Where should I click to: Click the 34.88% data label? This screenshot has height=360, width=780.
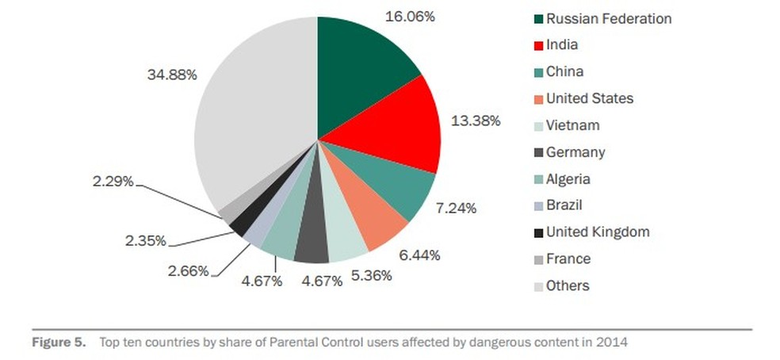pyautogui.click(x=172, y=75)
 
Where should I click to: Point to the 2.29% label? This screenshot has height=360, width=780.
pyautogui.click(x=112, y=182)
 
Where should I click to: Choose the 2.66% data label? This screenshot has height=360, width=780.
pyautogui.click(x=188, y=271)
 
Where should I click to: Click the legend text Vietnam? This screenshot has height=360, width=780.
pyautogui.click(x=572, y=125)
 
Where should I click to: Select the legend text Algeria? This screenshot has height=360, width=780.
pyautogui.click(x=568, y=179)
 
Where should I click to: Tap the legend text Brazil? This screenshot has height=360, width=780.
pyautogui.click(x=564, y=205)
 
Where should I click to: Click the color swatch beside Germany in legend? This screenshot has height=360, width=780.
pyautogui.click(x=538, y=153)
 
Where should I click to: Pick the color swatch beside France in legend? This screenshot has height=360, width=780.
pyautogui.click(x=538, y=259)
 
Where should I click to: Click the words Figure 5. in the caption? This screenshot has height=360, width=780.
pyautogui.click(x=58, y=343)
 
